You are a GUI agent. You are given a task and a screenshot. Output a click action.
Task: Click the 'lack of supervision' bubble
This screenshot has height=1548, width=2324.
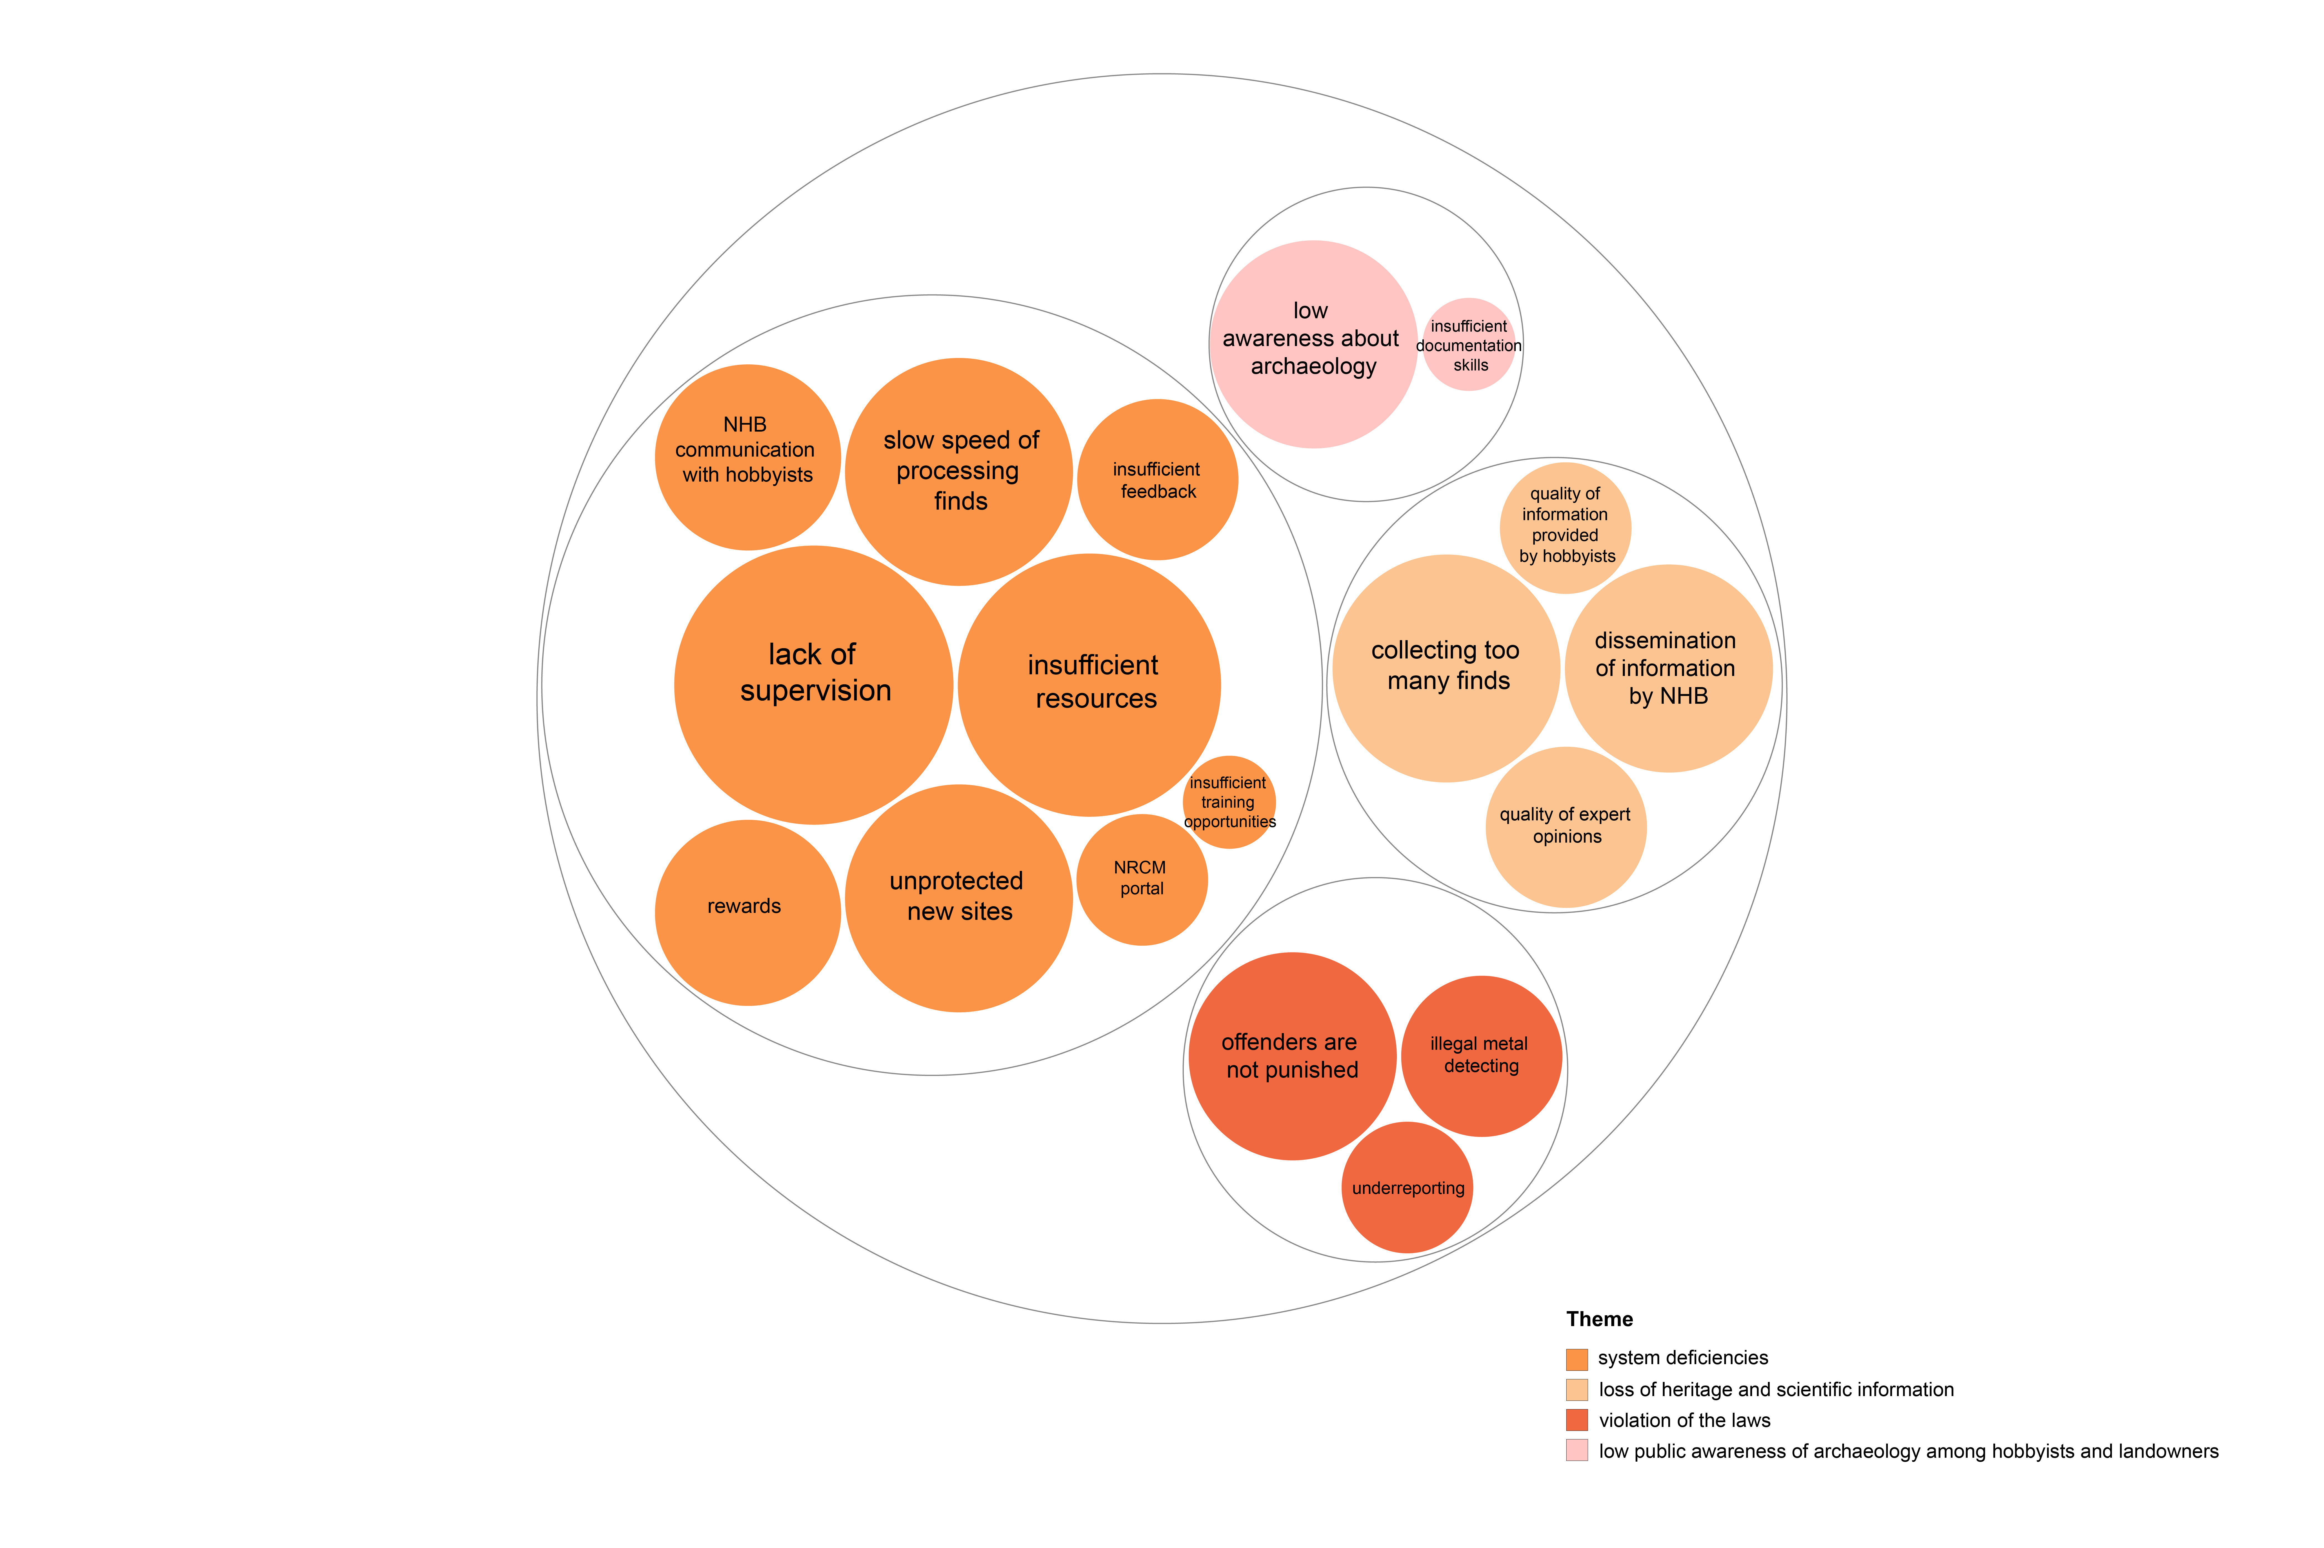coord(814,685)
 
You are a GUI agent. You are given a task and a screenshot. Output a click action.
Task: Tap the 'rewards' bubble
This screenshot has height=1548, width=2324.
coord(747,913)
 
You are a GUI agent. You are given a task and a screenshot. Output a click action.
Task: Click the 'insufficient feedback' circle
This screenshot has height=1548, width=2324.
coord(1157,480)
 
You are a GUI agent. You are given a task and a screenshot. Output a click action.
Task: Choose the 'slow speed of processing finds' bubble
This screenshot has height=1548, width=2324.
coord(959,472)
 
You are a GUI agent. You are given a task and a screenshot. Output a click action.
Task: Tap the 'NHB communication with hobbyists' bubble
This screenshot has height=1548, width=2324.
coord(747,457)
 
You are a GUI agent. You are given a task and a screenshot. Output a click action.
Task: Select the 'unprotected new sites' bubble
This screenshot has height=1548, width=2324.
coord(959,898)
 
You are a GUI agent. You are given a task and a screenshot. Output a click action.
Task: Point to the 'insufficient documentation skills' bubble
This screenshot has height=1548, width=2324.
coord(1469,345)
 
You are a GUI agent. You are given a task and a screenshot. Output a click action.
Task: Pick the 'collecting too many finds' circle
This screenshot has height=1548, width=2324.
coord(1446,668)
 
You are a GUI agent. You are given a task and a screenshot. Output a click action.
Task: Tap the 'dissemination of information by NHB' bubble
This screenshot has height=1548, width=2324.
coord(1668,668)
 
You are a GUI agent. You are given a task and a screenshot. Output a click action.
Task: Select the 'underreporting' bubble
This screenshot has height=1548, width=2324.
coord(1407,1188)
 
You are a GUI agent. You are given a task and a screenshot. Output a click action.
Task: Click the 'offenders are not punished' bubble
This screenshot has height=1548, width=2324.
coord(1292,1056)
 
